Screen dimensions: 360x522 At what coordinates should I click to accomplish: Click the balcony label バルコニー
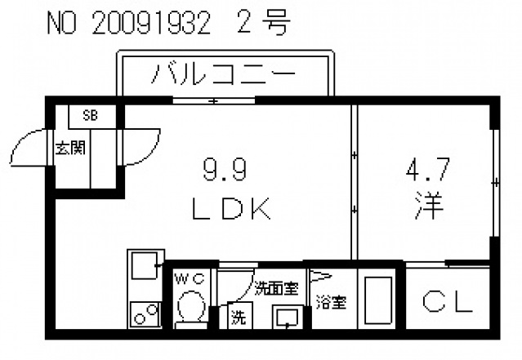(224, 77)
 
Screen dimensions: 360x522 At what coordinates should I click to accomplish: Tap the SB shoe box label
(90, 116)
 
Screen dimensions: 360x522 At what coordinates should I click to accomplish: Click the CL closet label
(447, 303)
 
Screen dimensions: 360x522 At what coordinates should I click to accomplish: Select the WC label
(193, 279)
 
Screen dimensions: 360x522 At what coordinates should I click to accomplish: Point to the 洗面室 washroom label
(276, 287)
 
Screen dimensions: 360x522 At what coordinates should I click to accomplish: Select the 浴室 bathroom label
(331, 302)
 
